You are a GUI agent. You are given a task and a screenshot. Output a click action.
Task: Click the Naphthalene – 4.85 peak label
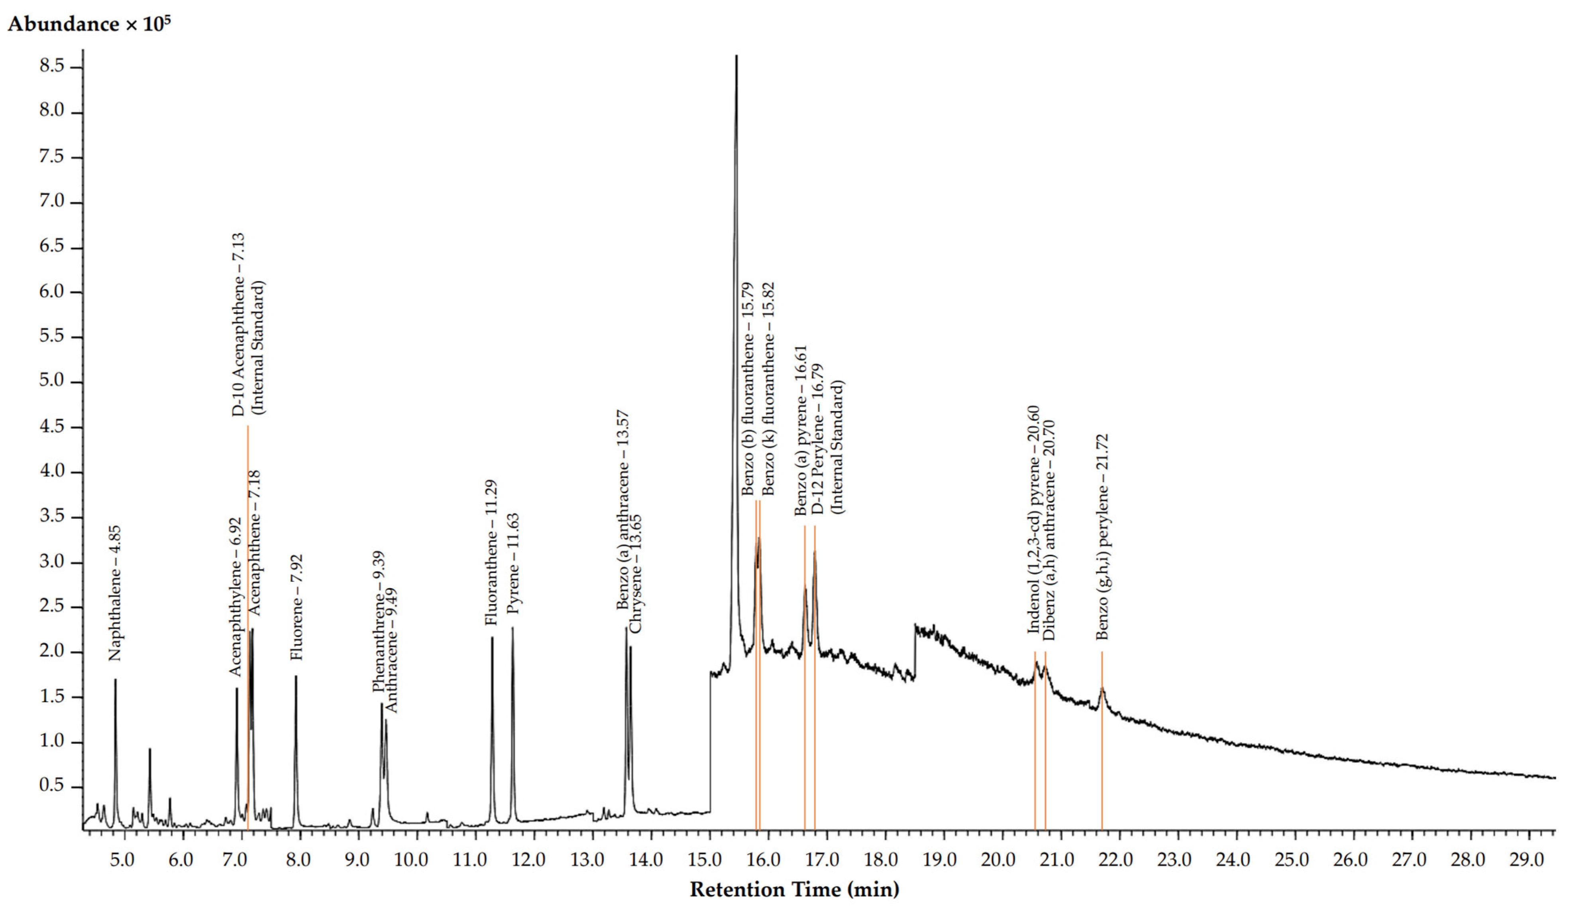click(x=115, y=593)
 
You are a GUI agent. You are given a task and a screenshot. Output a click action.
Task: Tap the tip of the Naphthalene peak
click(x=115, y=680)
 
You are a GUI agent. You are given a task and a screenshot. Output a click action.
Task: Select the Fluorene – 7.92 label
click(x=297, y=607)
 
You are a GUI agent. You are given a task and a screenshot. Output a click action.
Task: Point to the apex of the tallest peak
click(x=736, y=56)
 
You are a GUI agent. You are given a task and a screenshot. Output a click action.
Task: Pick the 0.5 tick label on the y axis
click(x=52, y=785)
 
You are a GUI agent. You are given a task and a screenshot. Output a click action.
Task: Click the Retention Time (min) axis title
click(x=794, y=889)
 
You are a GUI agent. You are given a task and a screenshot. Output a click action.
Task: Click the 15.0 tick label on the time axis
click(x=705, y=859)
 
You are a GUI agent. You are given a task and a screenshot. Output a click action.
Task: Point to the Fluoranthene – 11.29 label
click(x=491, y=552)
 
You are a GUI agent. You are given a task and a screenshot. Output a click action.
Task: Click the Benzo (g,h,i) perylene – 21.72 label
click(x=1102, y=536)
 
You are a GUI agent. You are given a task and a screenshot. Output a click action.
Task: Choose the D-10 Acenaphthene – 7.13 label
click(x=239, y=325)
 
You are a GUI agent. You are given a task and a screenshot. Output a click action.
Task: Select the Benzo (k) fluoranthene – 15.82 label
click(x=768, y=388)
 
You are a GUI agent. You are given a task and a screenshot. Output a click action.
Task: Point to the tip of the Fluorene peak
click(x=296, y=676)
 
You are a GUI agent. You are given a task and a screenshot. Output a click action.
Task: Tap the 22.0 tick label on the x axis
click(x=1115, y=859)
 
